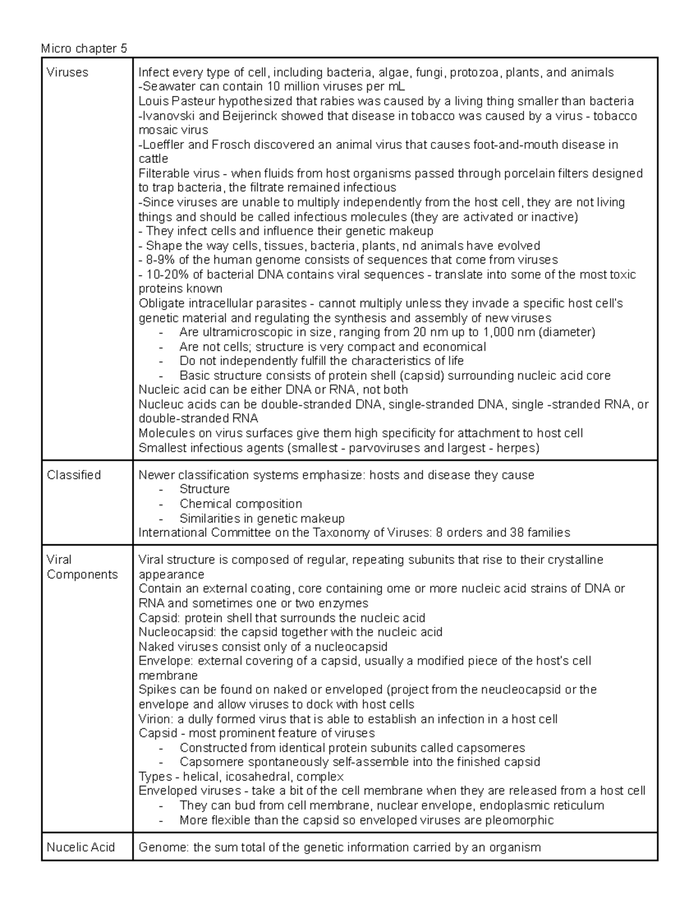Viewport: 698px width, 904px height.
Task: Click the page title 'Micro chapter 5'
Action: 84,48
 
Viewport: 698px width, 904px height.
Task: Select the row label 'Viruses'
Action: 67,72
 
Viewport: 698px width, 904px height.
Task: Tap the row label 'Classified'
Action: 74,475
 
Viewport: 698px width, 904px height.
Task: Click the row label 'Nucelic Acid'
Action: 81,847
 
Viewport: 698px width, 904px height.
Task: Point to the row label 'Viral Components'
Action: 82,567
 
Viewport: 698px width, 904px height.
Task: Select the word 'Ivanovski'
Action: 166,116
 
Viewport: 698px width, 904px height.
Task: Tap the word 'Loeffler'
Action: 163,144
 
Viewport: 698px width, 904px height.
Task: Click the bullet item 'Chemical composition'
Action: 241,504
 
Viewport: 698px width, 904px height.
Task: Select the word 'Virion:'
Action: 156,719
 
